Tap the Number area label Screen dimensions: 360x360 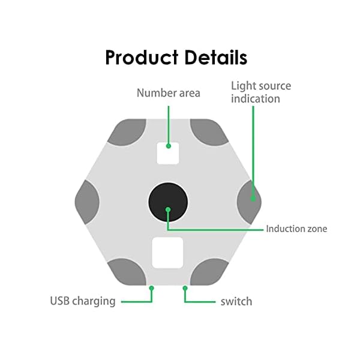coord(168,93)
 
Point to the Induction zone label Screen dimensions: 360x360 coord(296,229)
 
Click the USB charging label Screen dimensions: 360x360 coord(82,301)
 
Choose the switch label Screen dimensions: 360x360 coord(236,301)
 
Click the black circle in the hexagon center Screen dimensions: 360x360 coord(168,201)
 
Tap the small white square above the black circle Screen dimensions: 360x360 coord(168,152)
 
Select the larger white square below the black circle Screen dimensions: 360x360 coord(167,253)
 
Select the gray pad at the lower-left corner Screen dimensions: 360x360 coord(127,271)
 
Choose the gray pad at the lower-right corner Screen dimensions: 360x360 coord(208,271)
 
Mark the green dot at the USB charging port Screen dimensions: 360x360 coord(152,289)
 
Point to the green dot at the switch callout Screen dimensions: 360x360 coord(185,289)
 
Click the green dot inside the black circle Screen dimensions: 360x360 coord(168,209)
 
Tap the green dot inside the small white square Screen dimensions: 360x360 coord(169,145)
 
